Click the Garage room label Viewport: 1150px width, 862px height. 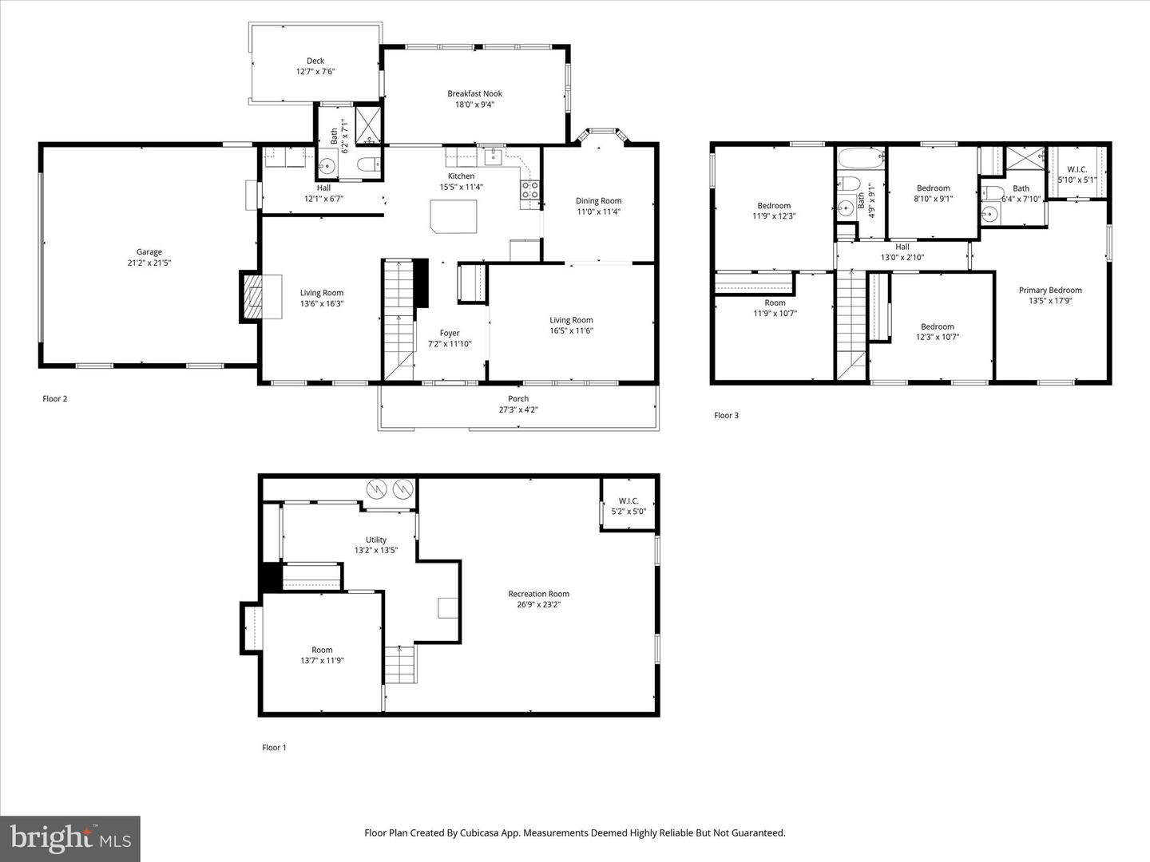point(149,252)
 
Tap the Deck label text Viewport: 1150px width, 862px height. point(315,61)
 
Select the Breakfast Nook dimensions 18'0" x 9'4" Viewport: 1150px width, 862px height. point(474,104)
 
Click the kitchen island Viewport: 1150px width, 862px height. point(454,216)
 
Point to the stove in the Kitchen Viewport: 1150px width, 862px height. point(529,189)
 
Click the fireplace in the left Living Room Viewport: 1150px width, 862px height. point(252,297)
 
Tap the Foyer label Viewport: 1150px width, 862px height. point(450,333)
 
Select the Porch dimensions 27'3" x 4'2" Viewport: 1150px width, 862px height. point(518,409)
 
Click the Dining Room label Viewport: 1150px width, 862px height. point(598,201)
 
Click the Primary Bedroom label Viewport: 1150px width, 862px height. point(1050,290)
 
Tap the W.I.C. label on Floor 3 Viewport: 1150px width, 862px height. point(1077,169)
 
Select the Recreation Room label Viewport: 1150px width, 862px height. point(538,593)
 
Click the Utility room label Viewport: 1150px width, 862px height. point(375,540)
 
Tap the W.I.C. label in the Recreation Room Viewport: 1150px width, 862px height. point(629,501)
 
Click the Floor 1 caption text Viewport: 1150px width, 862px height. point(274,747)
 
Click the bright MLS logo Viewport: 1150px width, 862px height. point(69,838)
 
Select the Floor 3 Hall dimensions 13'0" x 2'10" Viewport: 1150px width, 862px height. point(902,258)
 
